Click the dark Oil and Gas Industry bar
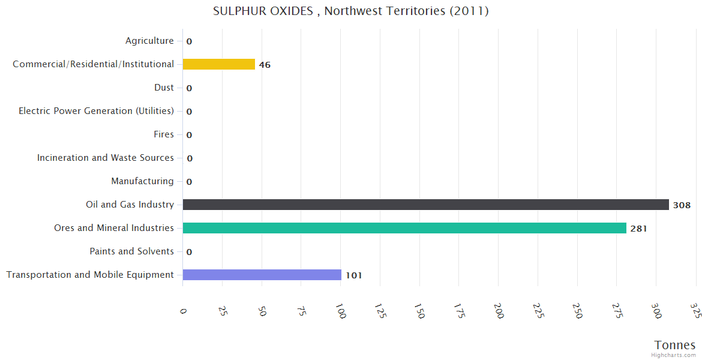[x=425, y=205]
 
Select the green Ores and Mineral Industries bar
[x=404, y=228]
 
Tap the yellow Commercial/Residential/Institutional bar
[x=218, y=64]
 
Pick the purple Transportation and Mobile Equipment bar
[x=262, y=275]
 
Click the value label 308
[x=682, y=205]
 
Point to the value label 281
[x=638, y=229]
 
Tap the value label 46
[x=265, y=65]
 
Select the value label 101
[x=353, y=275]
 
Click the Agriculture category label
[x=149, y=41]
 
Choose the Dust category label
[x=164, y=88]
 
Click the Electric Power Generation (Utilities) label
[x=96, y=111]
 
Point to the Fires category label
[x=164, y=134]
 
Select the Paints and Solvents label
[x=131, y=251]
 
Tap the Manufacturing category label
[x=142, y=181]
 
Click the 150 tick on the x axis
[x=419, y=311]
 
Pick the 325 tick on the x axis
[x=696, y=310]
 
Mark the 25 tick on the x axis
[x=223, y=311]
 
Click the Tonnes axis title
[x=674, y=345]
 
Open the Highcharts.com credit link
[x=674, y=355]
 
